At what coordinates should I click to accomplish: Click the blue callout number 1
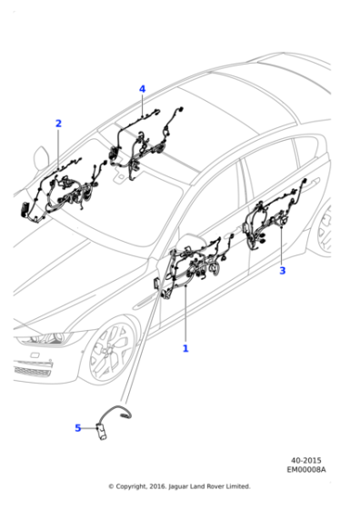pos(185,348)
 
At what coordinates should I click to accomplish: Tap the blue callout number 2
pos(58,123)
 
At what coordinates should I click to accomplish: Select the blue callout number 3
pos(282,270)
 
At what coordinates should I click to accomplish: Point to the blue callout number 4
pos(142,88)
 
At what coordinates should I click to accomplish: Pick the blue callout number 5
pos(77,427)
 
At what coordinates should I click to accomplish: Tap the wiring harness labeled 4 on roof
pos(145,141)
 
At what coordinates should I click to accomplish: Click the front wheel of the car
pos(109,350)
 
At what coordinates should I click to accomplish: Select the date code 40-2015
pos(305,461)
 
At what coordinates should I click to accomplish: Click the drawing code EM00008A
pos(305,471)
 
